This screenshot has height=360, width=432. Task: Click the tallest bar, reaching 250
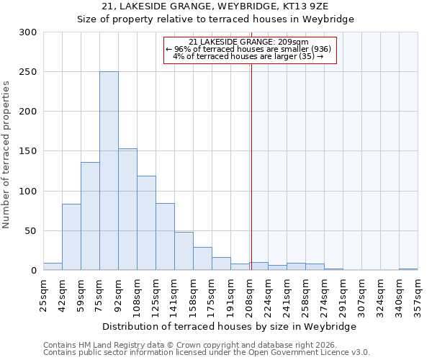pyautogui.click(x=109, y=171)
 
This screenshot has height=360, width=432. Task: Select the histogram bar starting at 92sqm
pyautogui.click(x=127, y=210)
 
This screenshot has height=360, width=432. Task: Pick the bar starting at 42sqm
pyautogui.click(x=71, y=238)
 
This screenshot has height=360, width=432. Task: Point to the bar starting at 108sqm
pyautogui.click(x=146, y=223)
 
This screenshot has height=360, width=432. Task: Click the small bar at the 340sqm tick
pyautogui.click(x=408, y=269)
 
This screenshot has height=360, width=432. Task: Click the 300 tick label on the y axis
pyautogui.click(x=28, y=32)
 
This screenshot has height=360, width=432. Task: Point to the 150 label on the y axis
pyautogui.click(x=28, y=152)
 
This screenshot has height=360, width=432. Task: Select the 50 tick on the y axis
pyautogui.click(x=31, y=231)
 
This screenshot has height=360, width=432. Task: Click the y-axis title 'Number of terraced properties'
pyautogui.click(x=6, y=154)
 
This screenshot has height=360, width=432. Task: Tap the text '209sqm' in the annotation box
pyautogui.click(x=294, y=42)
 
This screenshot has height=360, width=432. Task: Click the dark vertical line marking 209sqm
pyautogui.click(x=251, y=158)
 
